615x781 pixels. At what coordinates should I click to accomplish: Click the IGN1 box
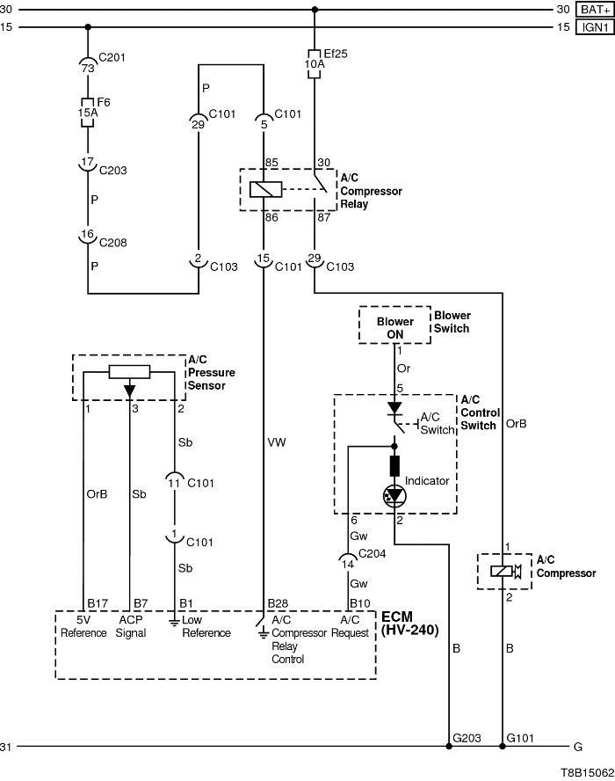pyautogui.click(x=594, y=27)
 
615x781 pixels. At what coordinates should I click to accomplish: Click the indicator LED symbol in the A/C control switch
pyautogui.click(x=393, y=496)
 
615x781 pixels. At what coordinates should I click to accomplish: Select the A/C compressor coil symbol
pyautogui.click(x=502, y=572)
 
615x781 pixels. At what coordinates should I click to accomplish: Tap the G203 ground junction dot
pyautogui.click(x=450, y=747)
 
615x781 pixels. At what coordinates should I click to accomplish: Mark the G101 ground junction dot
pyautogui.click(x=502, y=747)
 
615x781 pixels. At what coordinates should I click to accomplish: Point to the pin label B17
pyautogui.click(x=97, y=603)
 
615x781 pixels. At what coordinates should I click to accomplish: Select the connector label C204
pyautogui.click(x=371, y=554)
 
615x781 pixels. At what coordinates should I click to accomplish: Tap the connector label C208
pyautogui.click(x=111, y=240)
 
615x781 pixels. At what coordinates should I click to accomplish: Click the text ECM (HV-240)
pyautogui.click(x=409, y=623)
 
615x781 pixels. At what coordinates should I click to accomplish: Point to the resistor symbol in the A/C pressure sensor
pyautogui.click(x=129, y=371)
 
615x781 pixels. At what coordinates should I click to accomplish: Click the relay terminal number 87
pyautogui.click(x=322, y=216)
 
